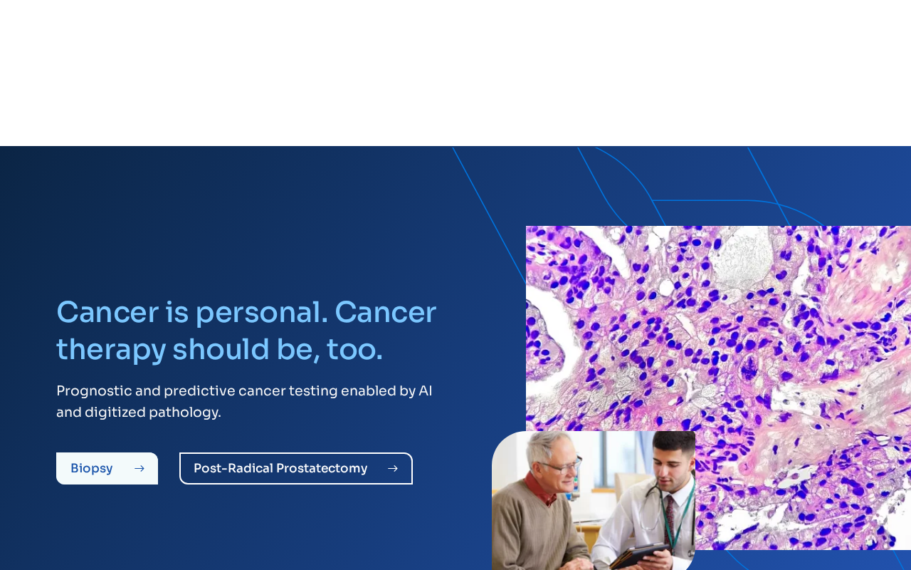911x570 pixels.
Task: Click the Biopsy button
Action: [107, 468]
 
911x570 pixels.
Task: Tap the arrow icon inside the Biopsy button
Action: [139, 469]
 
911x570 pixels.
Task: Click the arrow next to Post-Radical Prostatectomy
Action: [393, 469]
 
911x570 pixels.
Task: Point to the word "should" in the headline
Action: [221, 349]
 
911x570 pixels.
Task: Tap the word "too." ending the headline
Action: [354, 350]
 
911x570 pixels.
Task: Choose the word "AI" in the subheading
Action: [426, 391]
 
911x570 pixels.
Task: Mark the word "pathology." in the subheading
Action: [185, 413]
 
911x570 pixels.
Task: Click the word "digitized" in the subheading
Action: [115, 413]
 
